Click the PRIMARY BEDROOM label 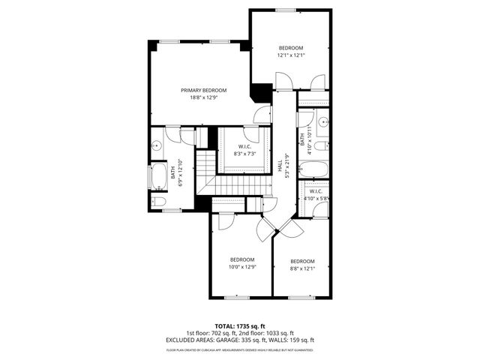203,90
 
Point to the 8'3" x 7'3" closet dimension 244,154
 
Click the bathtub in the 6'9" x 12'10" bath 159,178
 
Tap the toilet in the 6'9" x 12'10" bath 158,202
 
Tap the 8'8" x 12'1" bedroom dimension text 303,268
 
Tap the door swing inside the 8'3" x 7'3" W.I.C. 262,136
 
